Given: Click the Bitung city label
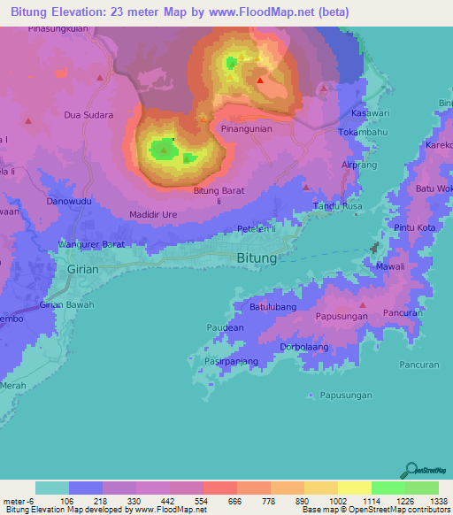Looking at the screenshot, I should (x=257, y=258).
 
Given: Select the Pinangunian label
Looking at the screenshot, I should (x=247, y=128).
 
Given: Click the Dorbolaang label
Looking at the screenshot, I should (x=305, y=347).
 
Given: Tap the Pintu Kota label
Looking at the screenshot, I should (x=415, y=228).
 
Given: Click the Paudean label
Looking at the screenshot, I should (x=225, y=327).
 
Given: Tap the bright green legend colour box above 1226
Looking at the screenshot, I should (x=388, y=488).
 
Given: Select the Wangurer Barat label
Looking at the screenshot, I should (x=91, y=243).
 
